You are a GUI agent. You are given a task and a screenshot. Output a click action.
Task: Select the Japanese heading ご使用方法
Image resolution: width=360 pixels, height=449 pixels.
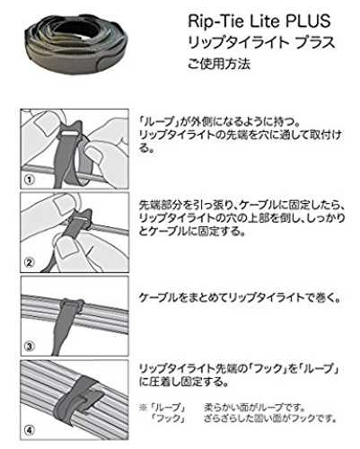click(x=219, y=64)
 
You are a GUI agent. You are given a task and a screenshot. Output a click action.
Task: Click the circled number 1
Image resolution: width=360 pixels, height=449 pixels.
click(x=30, y=180)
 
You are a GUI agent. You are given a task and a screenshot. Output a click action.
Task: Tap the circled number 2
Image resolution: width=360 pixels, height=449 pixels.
click(x=30, y=262)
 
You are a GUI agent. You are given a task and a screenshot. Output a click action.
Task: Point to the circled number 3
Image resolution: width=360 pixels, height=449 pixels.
click(x=30, y=347)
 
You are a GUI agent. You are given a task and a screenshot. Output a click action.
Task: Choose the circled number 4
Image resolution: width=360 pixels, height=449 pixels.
click(x=30, y=430)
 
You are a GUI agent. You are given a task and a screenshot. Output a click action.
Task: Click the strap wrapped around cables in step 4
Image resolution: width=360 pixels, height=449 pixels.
click(x=78, y=395)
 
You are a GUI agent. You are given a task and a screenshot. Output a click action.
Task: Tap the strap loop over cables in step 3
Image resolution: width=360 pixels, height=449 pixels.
click(x=72, y=307)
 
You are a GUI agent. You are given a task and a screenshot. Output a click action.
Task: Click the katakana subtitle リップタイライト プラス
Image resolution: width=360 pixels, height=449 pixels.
click(x=261, y=42)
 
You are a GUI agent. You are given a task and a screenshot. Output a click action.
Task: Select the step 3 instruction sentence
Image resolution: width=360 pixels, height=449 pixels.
click(x=240, y=298)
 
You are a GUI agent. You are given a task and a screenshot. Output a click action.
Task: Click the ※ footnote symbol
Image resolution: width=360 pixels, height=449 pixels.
click(x=143, y=408)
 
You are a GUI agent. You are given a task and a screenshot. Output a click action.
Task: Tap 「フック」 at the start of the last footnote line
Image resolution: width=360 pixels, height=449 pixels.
click(x=168, y=418)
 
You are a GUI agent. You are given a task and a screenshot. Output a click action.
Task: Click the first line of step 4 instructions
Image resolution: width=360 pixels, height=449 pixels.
click(x=239, y=368)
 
